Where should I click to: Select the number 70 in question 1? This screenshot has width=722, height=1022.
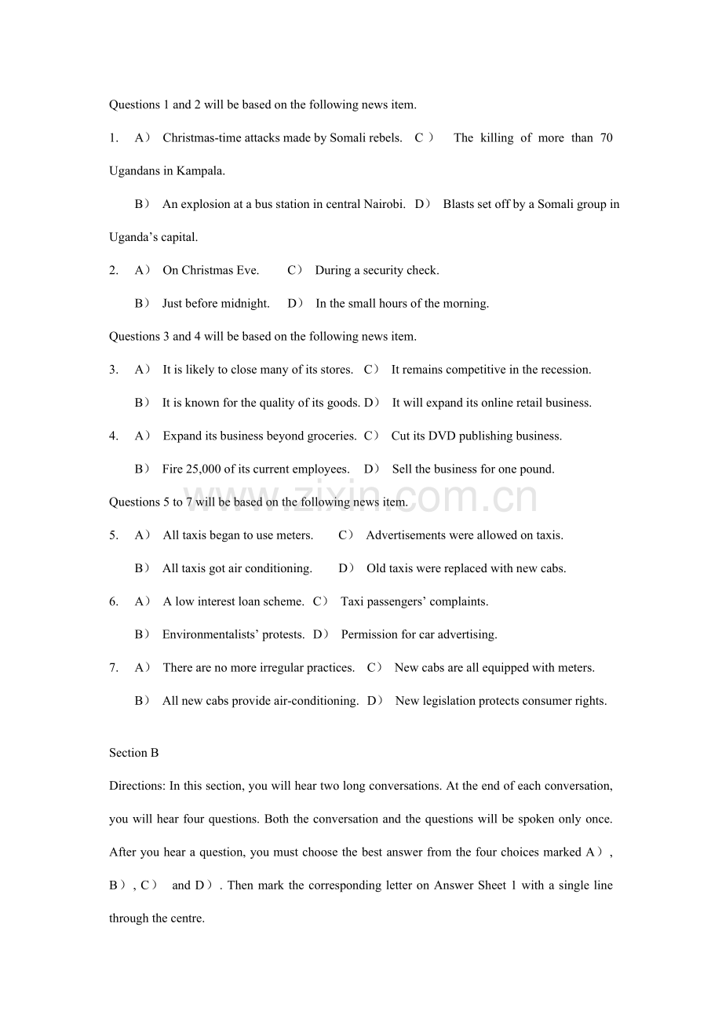[x=606, y=138]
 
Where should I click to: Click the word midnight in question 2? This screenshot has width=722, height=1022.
[x=245, y=304]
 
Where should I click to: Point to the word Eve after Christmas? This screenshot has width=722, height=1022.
[x=247, y=271]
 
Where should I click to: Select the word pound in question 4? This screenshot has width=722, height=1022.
[x=537, y=469]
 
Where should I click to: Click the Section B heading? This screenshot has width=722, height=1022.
[x=134, y=753]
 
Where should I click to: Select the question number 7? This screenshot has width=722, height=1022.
[x=114, y=668]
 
